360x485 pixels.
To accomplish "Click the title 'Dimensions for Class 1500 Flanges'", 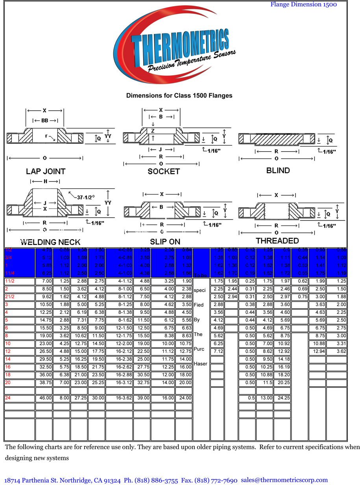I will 179,96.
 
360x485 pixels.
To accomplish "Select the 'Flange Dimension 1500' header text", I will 303,4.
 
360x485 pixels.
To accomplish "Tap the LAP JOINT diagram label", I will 46,171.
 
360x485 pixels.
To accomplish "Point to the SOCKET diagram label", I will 164,171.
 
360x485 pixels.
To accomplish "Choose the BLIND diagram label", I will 278,170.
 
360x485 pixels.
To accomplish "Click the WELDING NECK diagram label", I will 50,242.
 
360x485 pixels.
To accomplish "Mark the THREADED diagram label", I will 277,241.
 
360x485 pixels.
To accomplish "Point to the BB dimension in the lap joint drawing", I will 44,120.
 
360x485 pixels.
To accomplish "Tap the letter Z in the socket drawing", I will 153,131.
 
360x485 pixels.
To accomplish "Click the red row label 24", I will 7,398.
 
